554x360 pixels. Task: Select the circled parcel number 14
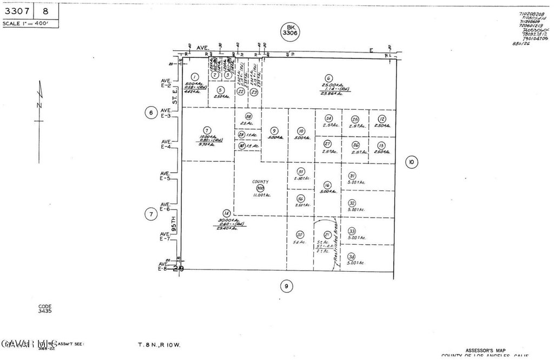[227, 213]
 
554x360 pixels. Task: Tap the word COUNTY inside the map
[260, 182]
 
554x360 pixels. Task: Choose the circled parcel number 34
[352, 257]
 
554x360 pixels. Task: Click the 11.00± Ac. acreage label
[261, 195]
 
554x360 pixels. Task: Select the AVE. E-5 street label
[166, 175]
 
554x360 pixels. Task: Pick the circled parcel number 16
[327, 185]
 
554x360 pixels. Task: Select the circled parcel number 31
[352, 175]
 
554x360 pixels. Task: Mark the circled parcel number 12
[381, 119]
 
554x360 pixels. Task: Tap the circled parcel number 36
[301, 199]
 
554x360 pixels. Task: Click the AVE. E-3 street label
[166, 113]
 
